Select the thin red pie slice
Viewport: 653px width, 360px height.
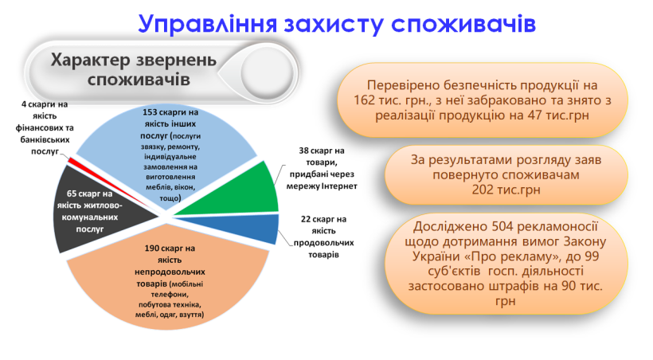coord(109,183)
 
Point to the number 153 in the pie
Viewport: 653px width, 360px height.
coord(150,112)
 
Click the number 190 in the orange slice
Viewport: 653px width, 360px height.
coord(151,248)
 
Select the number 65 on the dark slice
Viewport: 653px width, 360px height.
coord(71,194)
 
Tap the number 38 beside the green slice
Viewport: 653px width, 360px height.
coord(303,151)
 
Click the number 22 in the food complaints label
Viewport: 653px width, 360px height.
coord(306,219)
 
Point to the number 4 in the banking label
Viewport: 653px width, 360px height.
coord(24,104)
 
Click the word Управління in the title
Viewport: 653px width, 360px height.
coord(207,24)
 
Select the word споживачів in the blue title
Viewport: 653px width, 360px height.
coord(463,24)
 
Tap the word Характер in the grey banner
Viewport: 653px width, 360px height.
coord(90,61)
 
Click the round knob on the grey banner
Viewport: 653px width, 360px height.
coord(268,73)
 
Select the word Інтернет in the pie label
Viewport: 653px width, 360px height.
coord(339,186)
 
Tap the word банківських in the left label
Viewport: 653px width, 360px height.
coord(45,139)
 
